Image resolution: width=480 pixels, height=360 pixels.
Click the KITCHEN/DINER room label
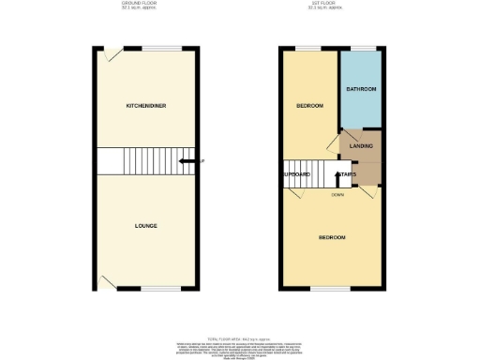click(146, 106)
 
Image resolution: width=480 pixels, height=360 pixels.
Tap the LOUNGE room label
click(145, 226)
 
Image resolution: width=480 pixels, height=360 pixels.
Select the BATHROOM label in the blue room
click(361, 89)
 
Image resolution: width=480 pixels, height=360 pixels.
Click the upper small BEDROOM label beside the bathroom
click(309, 106)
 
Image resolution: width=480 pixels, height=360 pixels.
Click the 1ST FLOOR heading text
click(331, 4)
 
